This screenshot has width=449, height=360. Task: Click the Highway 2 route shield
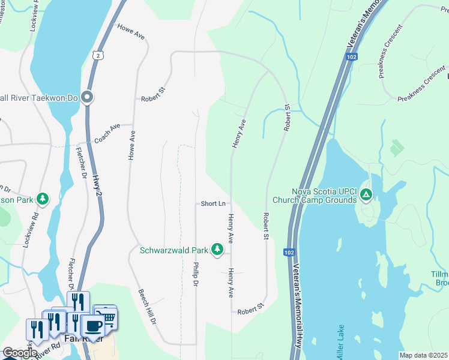(x=98, y=55)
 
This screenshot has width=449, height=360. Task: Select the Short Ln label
(x=213, y=204)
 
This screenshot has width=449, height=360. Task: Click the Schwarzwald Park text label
(x=173, y=250)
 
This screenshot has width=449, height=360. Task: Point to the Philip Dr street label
(x=196, y=274)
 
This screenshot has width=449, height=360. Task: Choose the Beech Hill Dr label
(x=146, y=307)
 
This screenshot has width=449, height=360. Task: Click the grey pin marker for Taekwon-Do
(x=88, y=97)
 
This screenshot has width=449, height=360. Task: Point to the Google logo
(x=19, y=353)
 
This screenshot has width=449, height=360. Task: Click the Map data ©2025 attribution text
(x=424, y=355)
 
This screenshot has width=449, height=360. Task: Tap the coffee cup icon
(x=92, y=326)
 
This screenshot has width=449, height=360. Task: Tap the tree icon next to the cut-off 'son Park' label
(x=42, y=198)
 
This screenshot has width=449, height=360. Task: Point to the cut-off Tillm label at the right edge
(x=439, y=278)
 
